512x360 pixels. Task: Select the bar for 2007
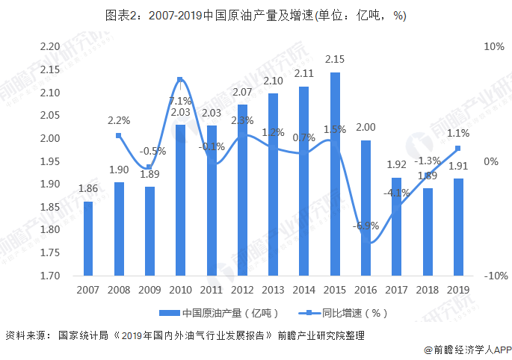pyautogui.click(x=88, y=238)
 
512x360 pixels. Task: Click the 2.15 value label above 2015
pyautogui.click(x=335, y=59)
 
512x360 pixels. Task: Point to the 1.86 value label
pyautogui.click(x=88, y=190)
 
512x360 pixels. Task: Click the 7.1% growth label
pyautogui.click(x=180, y=100)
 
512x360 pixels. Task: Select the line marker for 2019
pyautogui.click(x=458, y=148)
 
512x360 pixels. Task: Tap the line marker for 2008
pyautogui.click(x=119, y=135)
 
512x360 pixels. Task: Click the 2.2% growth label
pyautogui.click(x=119, y=120)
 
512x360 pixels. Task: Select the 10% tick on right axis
pyautogui.click(x=493, y=46)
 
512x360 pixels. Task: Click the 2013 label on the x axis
pyautogui.click(x=274, y=289)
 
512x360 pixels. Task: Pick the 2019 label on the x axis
pyautogui.click(x=458, y=289)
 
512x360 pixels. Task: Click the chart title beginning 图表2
pyautogui.click(x=256, y=16)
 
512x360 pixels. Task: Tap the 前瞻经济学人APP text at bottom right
pyautogui.click(x=463, y=349)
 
